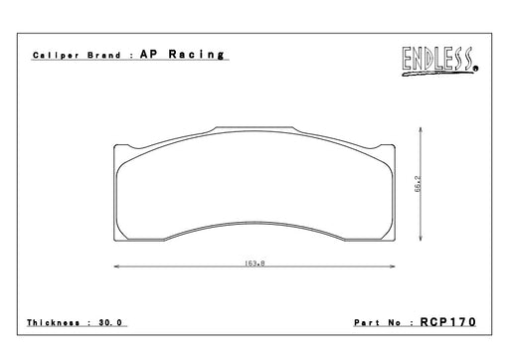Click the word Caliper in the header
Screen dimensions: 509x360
tap(56, 56)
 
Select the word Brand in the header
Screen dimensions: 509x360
tap(103, 55)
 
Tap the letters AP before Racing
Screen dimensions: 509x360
tap(149, 54)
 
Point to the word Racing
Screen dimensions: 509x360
tap(197, 55)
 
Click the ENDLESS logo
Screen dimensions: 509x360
tap(440, 62)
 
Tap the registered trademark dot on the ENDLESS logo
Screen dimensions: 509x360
tap(476, 69)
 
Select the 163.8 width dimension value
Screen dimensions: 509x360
tap(254, 264)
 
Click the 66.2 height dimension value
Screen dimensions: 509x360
tap(418, 184)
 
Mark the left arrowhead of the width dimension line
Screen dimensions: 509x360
tap(116, 267)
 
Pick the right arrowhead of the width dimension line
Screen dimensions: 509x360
tap(393, 267)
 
